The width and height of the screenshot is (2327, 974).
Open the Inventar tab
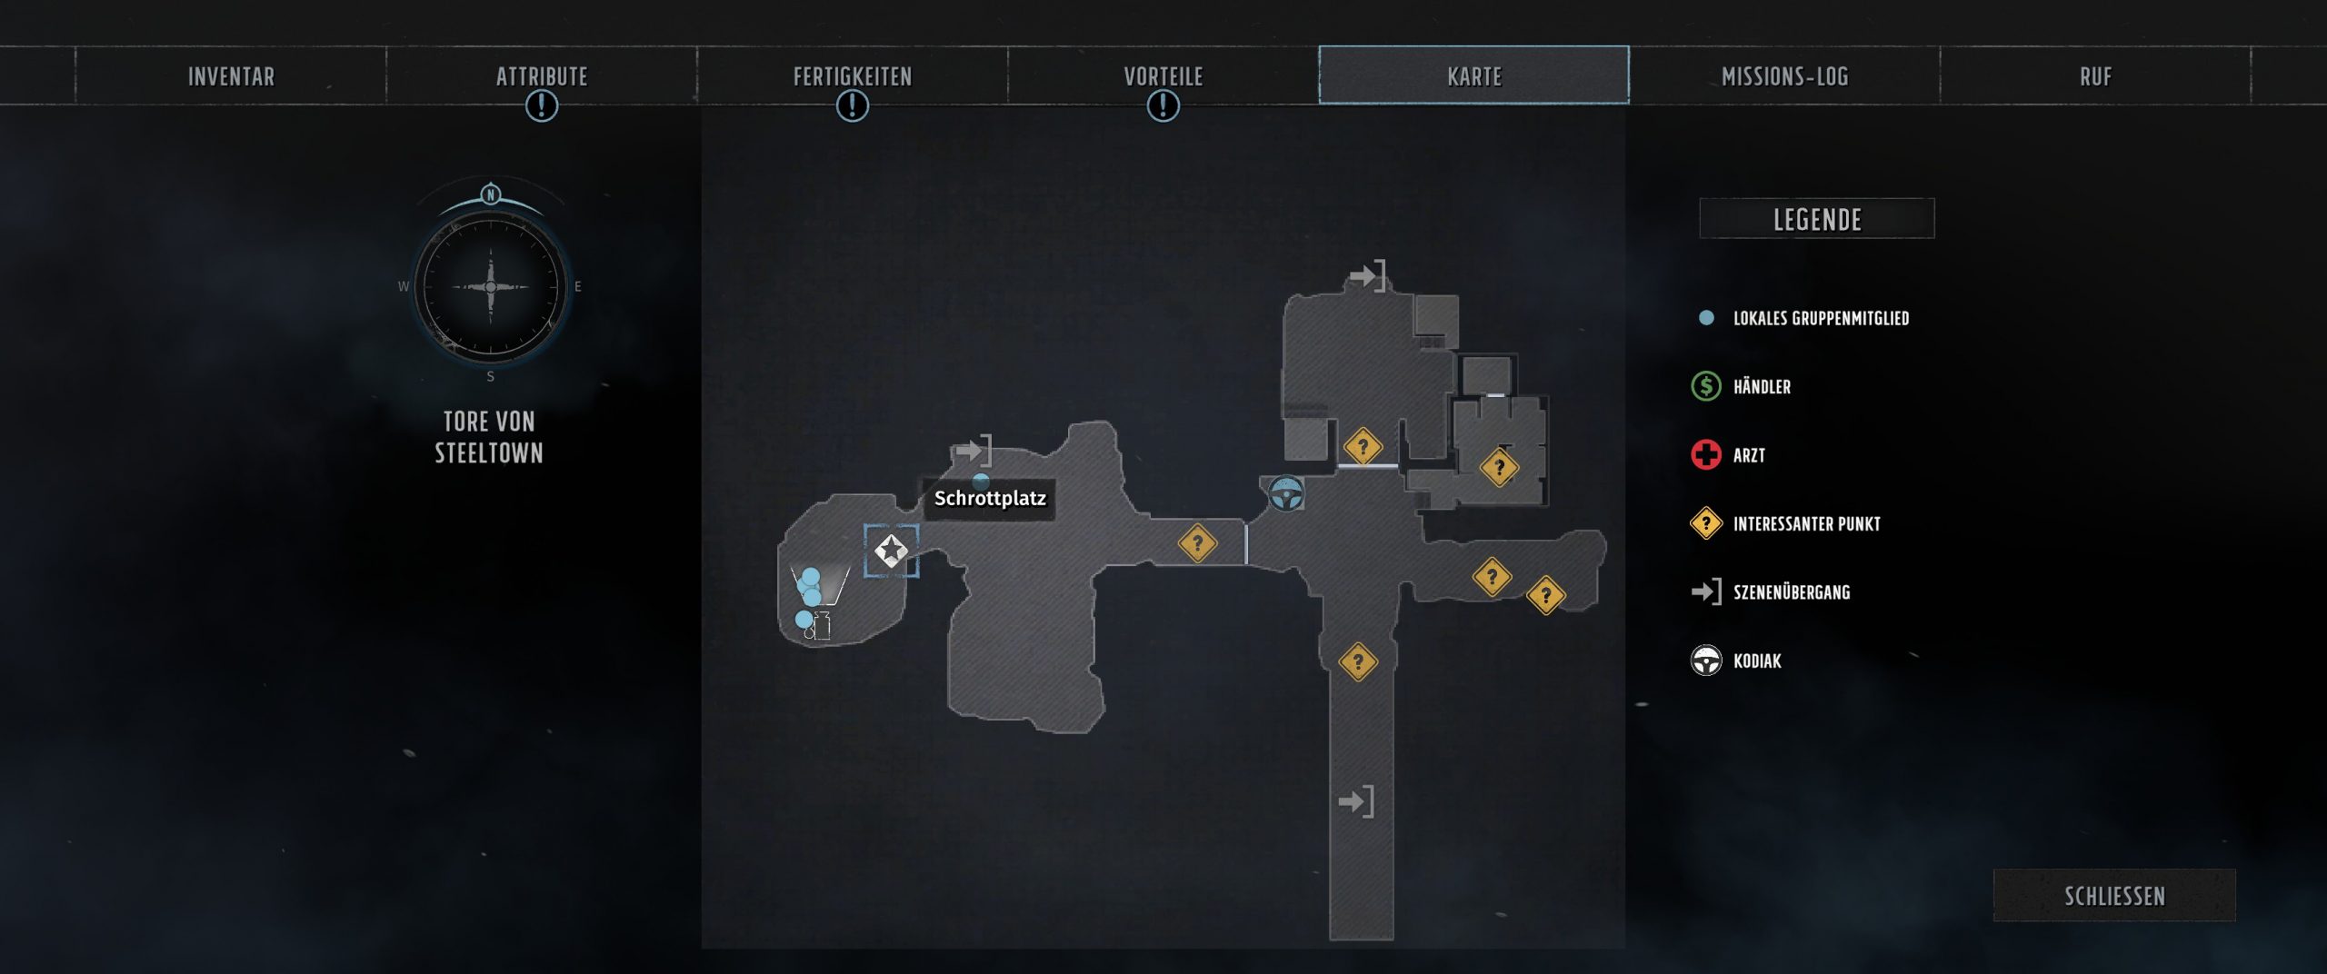pos(231,76)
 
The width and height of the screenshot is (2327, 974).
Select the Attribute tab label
pos(542,76)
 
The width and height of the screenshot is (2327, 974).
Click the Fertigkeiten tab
pos(853,76)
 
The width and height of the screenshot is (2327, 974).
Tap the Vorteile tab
pos(1163,76)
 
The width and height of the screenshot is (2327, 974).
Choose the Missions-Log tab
pos(1785,76)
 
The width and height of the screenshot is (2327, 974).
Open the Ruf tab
pos(2096,76)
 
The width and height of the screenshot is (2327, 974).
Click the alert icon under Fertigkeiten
pos(853,106)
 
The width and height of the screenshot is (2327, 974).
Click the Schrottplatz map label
pos(990,498)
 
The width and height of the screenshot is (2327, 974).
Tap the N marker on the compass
pos(491,194)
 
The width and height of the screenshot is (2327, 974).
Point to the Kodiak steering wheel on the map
pos(1286,494)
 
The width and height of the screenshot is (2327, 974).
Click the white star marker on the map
pos(891,550)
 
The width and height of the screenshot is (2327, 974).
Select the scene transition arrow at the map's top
pos(1367,274)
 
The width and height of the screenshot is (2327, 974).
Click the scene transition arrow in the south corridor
pos(1356,801)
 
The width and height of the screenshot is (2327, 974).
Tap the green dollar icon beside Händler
pos(1706,386)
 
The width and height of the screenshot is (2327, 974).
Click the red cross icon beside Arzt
pos(1706,454)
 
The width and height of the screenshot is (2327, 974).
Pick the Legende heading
pos(1817,219)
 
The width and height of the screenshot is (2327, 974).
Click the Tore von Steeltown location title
pos(489,437)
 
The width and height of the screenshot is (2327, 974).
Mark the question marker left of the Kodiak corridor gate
pos(1197,543)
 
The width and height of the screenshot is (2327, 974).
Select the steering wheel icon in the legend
pos(1706,661)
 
